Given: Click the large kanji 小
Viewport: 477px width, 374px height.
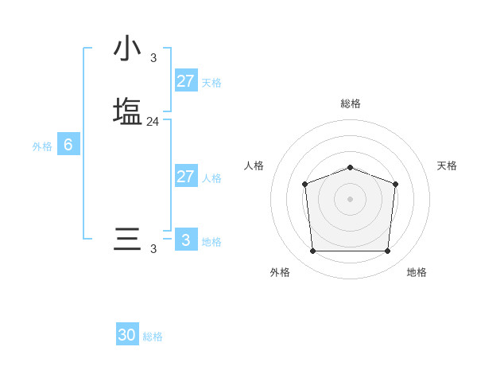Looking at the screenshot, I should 127,49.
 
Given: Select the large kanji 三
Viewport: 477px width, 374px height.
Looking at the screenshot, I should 127,240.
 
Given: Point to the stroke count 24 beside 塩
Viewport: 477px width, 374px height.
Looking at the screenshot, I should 153,123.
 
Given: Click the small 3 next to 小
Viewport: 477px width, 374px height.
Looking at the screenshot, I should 153,57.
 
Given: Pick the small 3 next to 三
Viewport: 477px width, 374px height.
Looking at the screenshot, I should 153,249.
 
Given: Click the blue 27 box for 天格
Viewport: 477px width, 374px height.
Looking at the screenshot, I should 185,81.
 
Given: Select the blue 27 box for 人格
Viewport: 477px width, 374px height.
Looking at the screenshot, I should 185,177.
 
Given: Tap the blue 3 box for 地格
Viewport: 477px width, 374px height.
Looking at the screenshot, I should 185,240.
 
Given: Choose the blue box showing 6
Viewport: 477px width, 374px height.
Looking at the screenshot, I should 68,145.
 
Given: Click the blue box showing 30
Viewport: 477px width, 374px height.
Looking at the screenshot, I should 127,335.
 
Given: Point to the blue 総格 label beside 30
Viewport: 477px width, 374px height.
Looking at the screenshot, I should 153,337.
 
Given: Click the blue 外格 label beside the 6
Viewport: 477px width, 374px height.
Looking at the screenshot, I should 42,146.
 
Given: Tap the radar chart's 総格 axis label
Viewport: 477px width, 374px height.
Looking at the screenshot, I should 351,103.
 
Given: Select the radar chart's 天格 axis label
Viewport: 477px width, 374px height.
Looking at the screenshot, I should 447,166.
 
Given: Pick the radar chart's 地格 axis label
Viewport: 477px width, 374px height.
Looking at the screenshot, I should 417,272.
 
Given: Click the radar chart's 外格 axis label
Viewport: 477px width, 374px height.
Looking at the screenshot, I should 280,272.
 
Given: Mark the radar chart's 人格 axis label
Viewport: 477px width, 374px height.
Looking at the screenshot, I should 254,166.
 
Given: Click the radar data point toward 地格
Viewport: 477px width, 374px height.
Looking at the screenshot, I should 387,251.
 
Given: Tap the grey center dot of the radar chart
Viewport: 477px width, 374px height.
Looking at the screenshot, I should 351,198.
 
